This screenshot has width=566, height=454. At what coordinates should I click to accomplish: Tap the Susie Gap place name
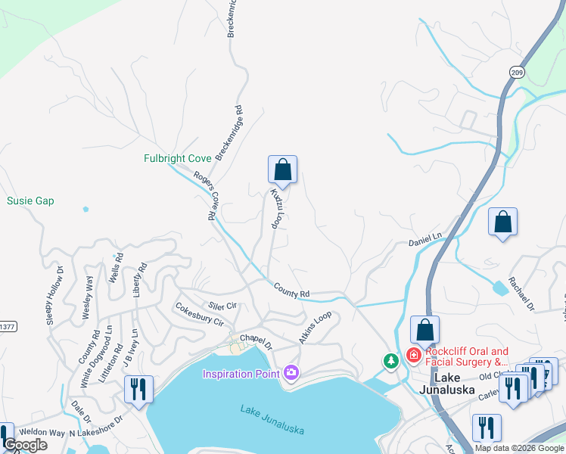pyautogui.click(x=30, y=201)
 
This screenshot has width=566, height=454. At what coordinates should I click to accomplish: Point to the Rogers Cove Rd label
pyautogui.click(x=203, y=195)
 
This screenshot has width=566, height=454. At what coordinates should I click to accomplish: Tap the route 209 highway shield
pyautogui.click(x=516, y=72)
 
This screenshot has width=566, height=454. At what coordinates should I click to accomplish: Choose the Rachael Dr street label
pyautogui.click(x=521, y=294)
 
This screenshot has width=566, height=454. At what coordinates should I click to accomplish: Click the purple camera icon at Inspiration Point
pyautogui.click(x=291, y=372)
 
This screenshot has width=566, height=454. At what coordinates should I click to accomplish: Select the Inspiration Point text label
pyautogui.click(x=241, y=373)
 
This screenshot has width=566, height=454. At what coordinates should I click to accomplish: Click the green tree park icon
pyautogui.click(x=390, y=362)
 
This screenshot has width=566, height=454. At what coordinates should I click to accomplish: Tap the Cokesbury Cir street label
pyautogui.click(x=199, y=315)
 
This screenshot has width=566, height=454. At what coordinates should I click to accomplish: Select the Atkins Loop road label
pyautogui.click(x=316, y=328)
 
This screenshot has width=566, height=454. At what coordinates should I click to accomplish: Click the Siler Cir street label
pyautogui.click(x=222, y=305)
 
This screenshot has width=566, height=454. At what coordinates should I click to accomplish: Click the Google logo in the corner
pyautogui.click(x=25, y=446)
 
